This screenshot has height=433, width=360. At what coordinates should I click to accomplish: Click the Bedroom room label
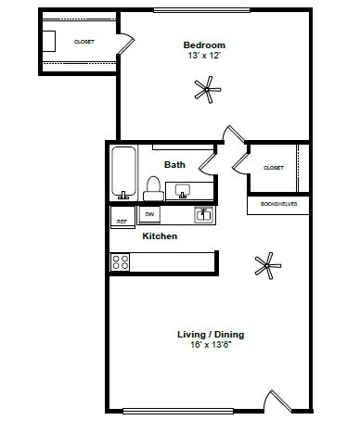(204, 45)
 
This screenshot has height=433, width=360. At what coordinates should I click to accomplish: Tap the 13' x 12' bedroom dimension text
(204, 55)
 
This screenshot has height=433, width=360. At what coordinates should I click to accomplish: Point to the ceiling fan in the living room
(267, 265)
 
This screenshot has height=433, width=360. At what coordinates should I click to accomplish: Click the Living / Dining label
(217, 335)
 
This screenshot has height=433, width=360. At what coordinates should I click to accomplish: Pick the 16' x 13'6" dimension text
(217, 347)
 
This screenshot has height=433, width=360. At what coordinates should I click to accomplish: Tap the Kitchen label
(160, 236)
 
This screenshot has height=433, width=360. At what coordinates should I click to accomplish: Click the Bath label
(174, 165)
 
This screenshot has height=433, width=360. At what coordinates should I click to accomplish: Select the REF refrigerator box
(121, 221)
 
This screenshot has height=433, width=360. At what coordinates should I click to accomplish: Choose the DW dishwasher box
(148, 215)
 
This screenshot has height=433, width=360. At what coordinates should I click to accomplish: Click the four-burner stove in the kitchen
(121, 261)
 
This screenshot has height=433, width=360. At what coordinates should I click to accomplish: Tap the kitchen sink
(204, 215)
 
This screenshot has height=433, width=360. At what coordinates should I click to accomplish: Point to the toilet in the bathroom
(152, 189)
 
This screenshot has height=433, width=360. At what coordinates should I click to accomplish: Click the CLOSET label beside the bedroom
(84, 42)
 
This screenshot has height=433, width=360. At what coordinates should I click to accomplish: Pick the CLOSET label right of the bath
(273, 168)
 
